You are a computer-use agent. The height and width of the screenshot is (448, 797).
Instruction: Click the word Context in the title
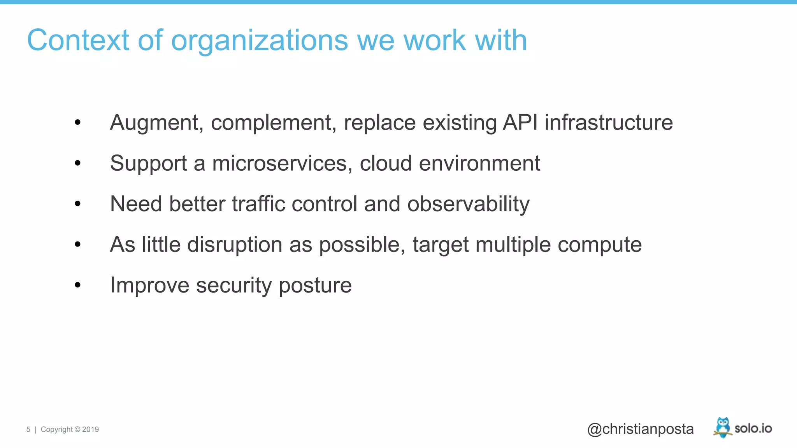[78, 40]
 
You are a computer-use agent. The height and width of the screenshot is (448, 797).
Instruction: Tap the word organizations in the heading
[259, 41]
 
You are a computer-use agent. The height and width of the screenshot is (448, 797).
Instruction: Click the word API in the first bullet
[520, 122]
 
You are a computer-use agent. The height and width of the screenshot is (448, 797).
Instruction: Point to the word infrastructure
[609, 122]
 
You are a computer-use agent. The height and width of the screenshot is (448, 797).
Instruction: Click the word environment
[479, 163]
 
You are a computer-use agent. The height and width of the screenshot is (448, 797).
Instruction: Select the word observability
[468, 205]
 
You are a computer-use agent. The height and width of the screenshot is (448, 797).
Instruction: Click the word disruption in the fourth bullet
[235, 245]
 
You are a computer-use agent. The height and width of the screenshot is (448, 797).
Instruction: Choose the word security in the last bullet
[234, 286]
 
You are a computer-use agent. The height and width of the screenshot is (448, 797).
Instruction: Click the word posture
[315, 286]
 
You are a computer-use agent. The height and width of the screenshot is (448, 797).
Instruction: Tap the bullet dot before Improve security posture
[77, 285]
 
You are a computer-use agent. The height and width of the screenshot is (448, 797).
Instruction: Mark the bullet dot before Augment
[77, 122]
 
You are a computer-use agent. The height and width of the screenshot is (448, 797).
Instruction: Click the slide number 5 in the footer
[28, 429]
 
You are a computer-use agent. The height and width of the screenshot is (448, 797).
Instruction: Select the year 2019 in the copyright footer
[90, 429]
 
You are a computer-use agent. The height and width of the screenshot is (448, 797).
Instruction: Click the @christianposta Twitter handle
[640, 429]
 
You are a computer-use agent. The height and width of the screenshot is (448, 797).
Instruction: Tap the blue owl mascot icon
[723, 427]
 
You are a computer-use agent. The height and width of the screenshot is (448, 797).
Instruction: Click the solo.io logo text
[753, 428]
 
